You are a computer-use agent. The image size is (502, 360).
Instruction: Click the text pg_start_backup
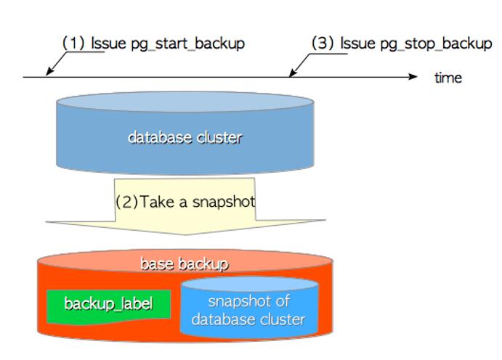pyautogui.click(x=188, y=44)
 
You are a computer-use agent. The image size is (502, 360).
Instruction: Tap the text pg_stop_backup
pyautogui.click(x=436, y=44)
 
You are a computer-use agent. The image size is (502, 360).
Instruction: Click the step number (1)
pyautogui.click(x=73, y=43)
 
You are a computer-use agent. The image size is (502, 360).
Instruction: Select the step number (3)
pyautogui.click(x=323, y=43)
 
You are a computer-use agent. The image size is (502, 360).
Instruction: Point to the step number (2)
pyautogui.click(x=127, y=202)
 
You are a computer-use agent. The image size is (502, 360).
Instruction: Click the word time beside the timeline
pyautogui.click(x=448, y=78)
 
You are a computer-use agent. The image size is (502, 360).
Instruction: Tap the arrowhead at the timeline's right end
pyautogui.click(x=413, y=77)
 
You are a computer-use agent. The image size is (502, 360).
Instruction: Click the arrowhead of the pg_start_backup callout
pyautogui.click(x=49, y=72)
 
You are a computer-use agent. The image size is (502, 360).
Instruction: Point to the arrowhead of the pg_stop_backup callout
pyautogui.click(x=292, y=73)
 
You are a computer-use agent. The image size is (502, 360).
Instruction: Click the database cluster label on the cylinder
pyautogui.click(x=185, y=137)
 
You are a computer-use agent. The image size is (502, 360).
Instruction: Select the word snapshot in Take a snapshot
pyautogui.click(x=224, y=202)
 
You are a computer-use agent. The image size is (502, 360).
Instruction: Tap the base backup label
pyautogui.click(x=185, y=263)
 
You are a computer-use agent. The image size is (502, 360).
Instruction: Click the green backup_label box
pyautogui.click(x=108, y=306)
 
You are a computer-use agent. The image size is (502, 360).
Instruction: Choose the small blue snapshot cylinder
pyautogui.click(x=249, y=308)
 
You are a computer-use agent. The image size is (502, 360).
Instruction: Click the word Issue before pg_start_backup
pyautogui.click(x=108, y=43)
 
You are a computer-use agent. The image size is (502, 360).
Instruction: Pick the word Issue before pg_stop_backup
pyautogui.click(x=358, y=43)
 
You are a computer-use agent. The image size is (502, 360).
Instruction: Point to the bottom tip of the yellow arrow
pyautogui.click(x=186, y=235)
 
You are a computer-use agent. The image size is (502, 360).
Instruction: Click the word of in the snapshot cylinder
pyautogui.click(x=283, y=301)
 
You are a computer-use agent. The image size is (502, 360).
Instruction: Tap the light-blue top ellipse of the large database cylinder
pyautogui.click(x=185, y=102)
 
